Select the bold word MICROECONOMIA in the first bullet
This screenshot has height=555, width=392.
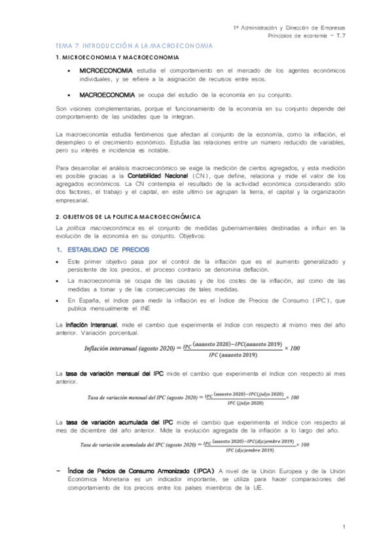pyautogui.click(x=103, y=70)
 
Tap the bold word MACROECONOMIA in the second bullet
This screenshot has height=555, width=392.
pyautogui.click(x=103, y=94)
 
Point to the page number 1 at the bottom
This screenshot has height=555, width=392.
pyautogui.click(x=344, y=527)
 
